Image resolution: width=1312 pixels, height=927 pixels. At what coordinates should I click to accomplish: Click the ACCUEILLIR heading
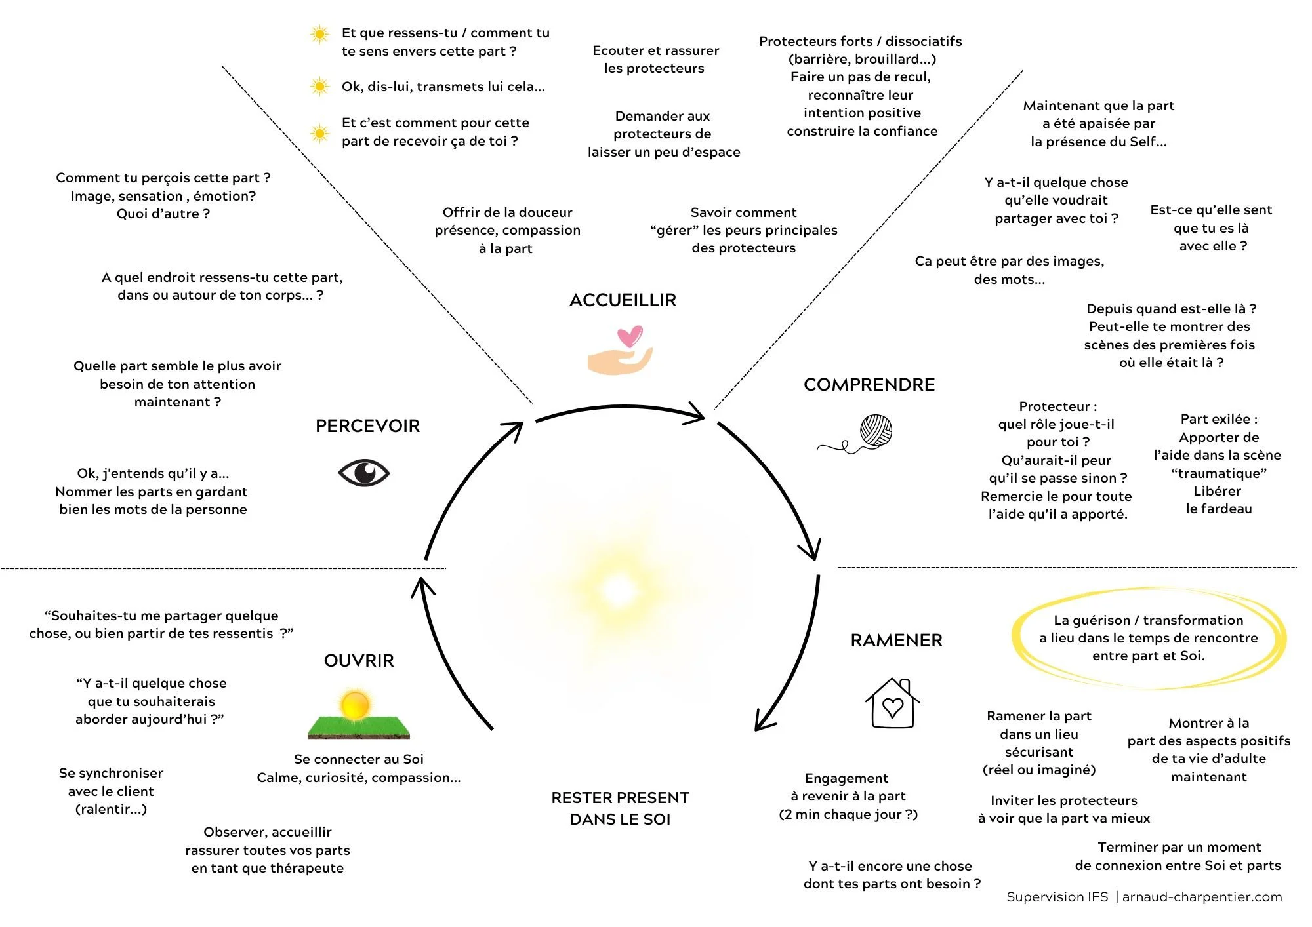(623, 300)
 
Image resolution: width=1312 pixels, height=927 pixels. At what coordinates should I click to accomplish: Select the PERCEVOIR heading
(367, 426)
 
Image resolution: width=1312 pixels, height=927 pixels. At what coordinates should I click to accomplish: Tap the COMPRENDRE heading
(869, 385)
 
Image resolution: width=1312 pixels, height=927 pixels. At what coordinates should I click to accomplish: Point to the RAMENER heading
(896, 641)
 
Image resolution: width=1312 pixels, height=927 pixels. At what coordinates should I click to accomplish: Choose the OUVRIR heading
(359, 661)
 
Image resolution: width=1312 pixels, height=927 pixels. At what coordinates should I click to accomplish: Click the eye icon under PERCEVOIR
(363, 473)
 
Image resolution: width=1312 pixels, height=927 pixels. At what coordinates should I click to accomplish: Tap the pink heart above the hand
(630, 336)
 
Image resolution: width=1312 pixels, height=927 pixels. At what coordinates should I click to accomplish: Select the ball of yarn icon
(876, 431)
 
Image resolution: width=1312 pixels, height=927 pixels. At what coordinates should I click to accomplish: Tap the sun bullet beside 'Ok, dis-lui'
(319, 87)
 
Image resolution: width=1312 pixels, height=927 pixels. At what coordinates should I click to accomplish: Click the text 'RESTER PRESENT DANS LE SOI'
(620, 808)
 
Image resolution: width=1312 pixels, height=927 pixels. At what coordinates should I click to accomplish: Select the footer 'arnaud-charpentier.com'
(1202, 897)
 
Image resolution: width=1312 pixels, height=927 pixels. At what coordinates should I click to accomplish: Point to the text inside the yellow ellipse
(1148, 638)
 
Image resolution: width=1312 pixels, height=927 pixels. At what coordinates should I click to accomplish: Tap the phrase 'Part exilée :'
(1219, 420)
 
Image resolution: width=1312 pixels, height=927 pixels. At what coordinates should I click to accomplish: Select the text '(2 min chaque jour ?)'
(848, 814)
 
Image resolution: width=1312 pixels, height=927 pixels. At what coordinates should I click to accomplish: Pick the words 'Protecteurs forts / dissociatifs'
(860, 41)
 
